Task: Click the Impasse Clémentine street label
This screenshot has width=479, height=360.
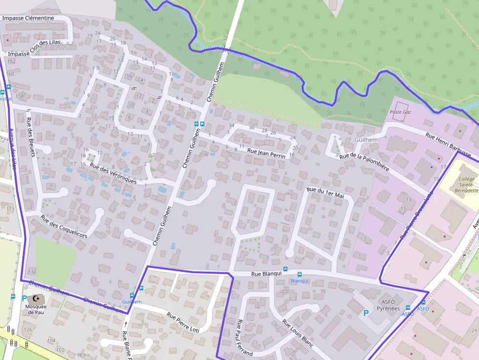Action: point(28,18)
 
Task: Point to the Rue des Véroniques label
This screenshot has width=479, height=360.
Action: point(113,173)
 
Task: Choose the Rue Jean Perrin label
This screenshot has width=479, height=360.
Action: point(266,153)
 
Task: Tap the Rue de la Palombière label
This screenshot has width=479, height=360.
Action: point(364,162)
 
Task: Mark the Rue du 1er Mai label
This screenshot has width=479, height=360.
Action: point(326,192)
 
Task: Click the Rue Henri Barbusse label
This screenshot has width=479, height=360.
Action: point(448,144)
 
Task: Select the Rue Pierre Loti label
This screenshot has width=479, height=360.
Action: point(183,323)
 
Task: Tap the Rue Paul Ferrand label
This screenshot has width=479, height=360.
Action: point(244,338)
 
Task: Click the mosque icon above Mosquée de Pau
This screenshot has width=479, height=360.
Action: point(36,298)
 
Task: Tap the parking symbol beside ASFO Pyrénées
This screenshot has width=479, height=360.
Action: point(366,312)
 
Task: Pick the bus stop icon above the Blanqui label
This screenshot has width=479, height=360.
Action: point(300,275)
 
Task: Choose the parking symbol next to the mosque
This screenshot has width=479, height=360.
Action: point(24,298)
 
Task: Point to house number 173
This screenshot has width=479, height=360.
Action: point(11,209)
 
